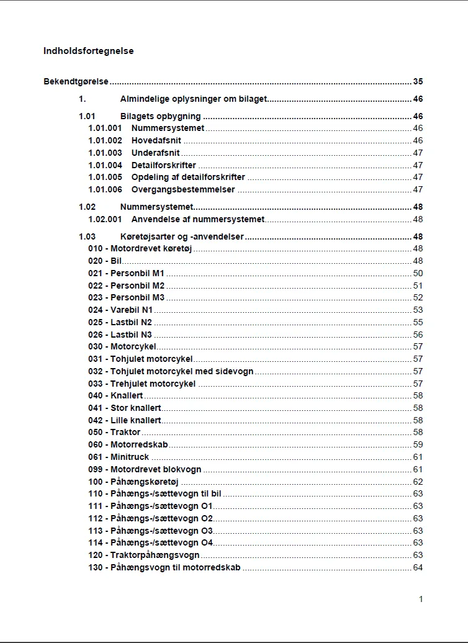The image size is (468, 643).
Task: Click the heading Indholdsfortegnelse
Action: click(88, 51)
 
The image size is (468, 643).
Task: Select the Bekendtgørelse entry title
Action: click(76, 81)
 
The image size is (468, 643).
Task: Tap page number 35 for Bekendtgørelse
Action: click(418, 81)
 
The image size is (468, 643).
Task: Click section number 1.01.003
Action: click(105, 153)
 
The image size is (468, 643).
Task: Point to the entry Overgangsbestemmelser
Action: click(183, 189)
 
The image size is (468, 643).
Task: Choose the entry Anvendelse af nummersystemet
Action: click(197, 219)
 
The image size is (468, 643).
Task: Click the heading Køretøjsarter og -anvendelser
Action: click(182, 236)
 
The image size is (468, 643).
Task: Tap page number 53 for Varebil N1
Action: click(418, 310)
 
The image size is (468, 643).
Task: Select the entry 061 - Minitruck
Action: click(119, 457)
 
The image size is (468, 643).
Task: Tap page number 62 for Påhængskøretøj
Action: click(418, 481)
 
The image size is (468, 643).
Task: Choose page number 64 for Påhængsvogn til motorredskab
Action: click(418, 567)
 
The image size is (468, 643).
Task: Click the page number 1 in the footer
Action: click(421, 599)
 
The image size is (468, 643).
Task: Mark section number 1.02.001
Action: click(105, 219)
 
